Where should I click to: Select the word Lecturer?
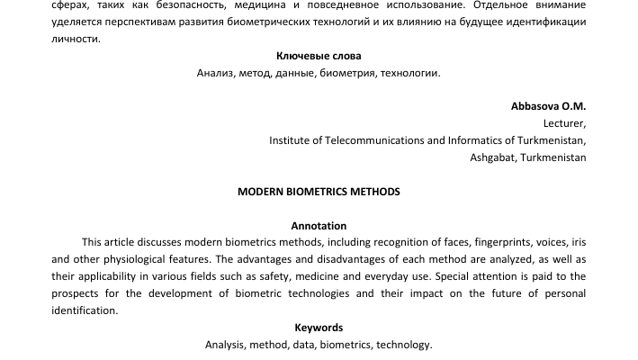click(x=564, y=123)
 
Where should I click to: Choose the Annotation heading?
click(x=319, y=226)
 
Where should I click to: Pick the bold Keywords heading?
click(x=319, y=328)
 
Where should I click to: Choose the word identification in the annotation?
click(x=85, y=310)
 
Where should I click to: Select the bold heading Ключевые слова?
click(x=319, y=56)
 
